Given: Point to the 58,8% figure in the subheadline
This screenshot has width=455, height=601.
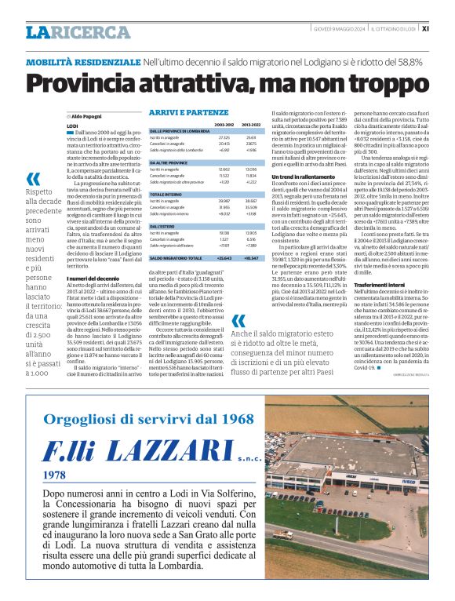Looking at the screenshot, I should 412,61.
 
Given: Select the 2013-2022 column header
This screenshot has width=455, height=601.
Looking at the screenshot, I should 251,124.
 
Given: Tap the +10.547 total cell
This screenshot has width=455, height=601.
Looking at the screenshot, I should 251,257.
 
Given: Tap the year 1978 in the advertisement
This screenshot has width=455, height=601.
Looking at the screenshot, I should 56,475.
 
